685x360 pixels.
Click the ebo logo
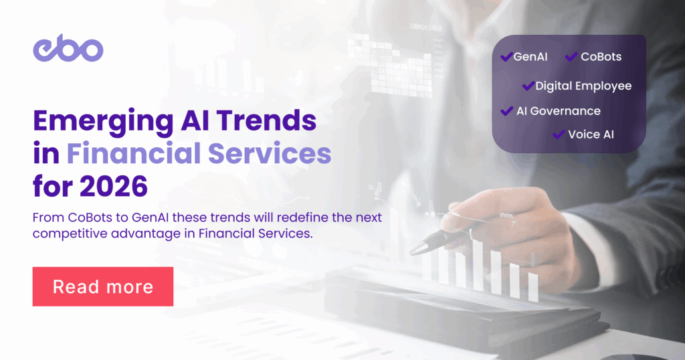68,50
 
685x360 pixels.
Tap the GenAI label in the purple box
530,57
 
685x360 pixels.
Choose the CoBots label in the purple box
601,57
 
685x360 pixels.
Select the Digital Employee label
583,86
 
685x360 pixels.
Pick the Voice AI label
591,134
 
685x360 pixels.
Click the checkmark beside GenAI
506,57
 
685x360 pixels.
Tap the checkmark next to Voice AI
559,134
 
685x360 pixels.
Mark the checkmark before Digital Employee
528,86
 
